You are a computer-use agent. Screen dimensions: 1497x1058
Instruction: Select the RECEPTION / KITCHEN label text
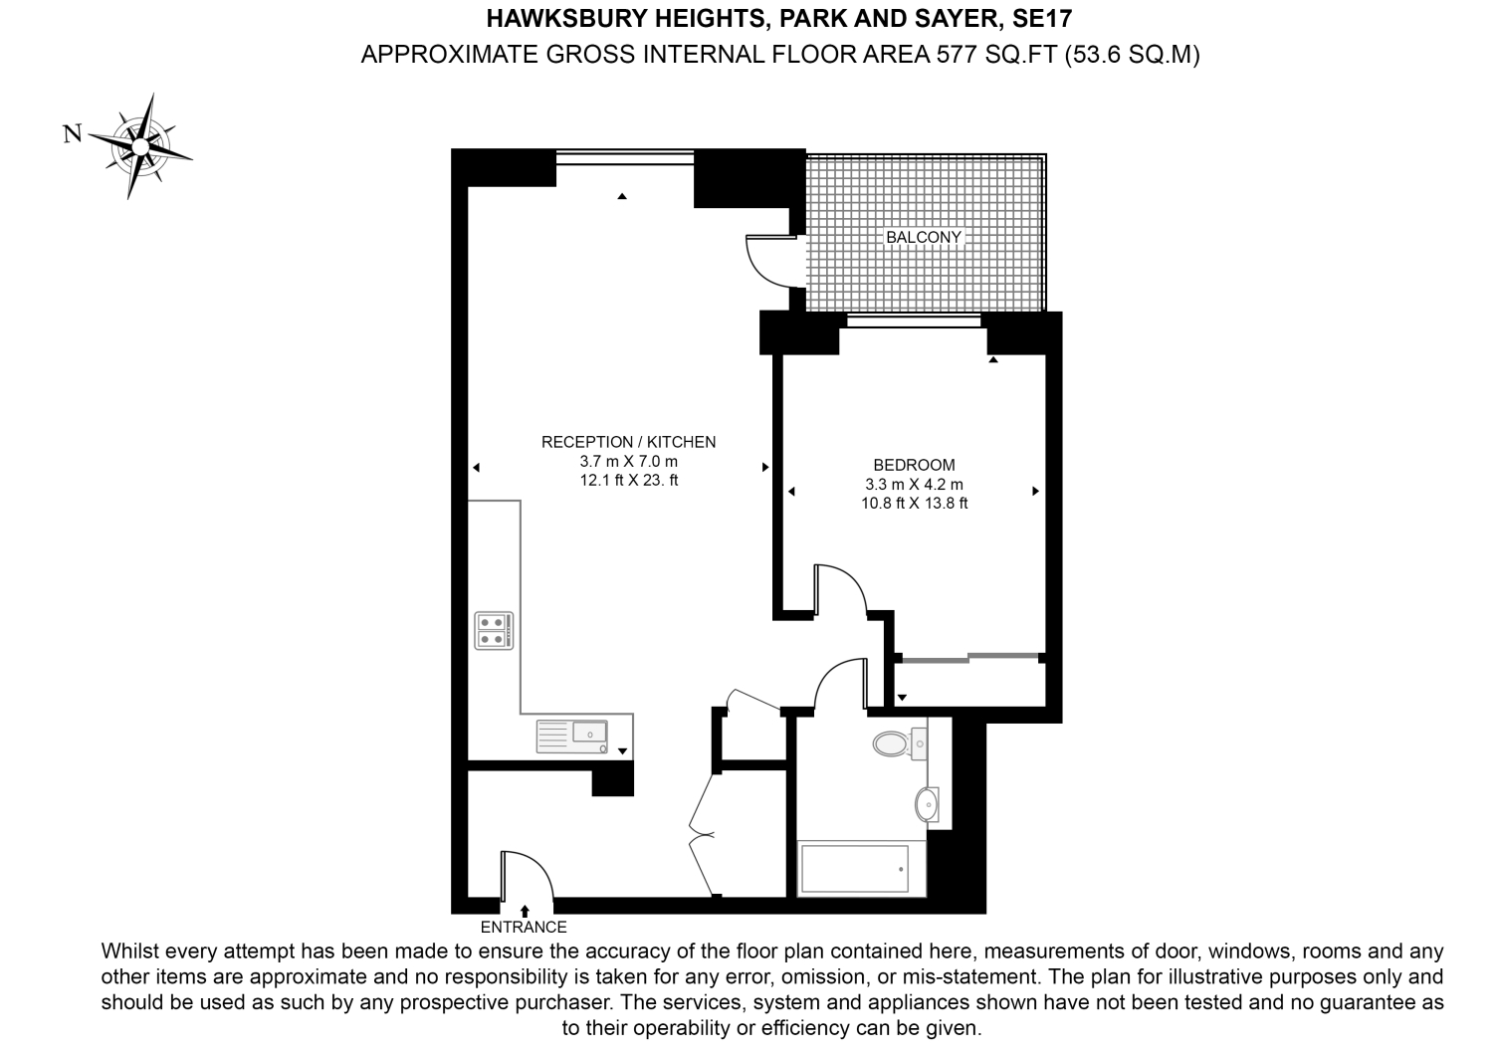[628, 442]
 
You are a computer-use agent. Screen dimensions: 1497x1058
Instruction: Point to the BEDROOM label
[914, 465]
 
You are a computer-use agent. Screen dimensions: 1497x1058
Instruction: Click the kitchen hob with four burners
[494, 630]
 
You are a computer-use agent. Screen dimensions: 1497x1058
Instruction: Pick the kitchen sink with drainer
[572, 737]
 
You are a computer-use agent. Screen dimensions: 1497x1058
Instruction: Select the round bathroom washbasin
[927, 804]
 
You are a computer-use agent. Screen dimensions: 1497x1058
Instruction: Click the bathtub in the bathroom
[855, 869]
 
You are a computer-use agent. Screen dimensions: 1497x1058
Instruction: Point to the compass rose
[140, 146]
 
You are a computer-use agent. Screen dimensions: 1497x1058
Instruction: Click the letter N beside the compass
[73, 134]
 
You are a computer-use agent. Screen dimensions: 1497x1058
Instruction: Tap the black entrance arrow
[525, 911]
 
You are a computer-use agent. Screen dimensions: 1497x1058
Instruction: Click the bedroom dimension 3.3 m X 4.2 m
[914, 485]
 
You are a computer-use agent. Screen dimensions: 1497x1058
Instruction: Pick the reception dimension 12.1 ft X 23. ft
[628, 480]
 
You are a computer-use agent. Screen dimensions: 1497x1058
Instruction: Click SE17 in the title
[1042, 19]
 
